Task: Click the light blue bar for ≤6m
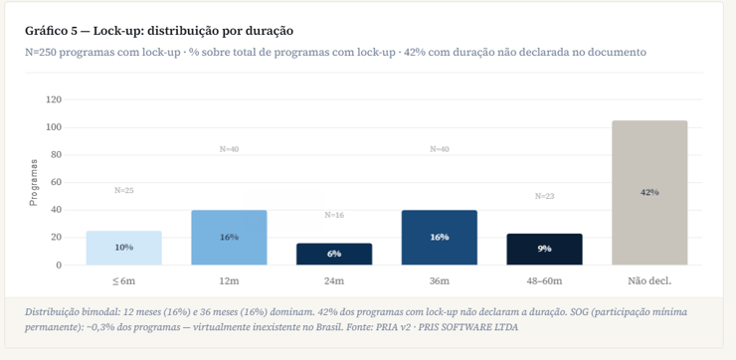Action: (123, 248)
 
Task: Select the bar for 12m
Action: (229, 238)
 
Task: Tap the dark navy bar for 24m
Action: (334, 254)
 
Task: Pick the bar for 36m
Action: (439, 238)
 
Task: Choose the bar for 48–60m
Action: (544, 249)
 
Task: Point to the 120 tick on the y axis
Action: (54, 99)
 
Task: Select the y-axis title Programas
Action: (33, 183)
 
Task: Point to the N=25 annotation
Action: (123, 190)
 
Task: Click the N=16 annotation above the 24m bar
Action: (334, 215)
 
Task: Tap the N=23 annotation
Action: (544, 196)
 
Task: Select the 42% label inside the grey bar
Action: (649, 192)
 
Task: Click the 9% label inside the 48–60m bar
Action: (544, 249)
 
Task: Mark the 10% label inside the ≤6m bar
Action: (123, 248)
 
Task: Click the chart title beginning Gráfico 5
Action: (159, 31)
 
